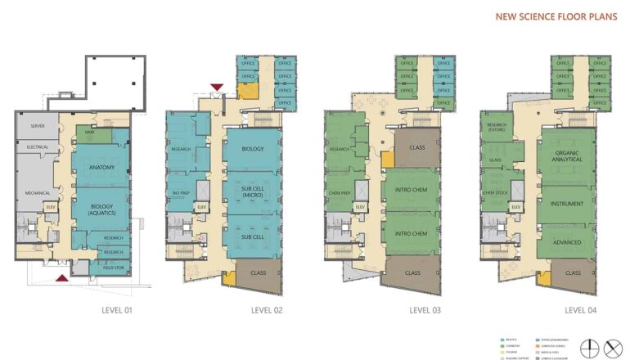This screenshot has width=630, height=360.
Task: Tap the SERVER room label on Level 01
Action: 38,127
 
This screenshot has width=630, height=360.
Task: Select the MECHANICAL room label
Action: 38,193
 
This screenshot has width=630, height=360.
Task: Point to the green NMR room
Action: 91,131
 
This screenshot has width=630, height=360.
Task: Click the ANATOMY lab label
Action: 101,168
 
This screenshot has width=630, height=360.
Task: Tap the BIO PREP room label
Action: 181,193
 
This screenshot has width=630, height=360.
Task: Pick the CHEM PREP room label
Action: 340,193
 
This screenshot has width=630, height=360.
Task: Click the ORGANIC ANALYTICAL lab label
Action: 566,157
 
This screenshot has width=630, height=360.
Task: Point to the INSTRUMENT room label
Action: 566,203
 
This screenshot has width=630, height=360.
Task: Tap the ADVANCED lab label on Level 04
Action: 566,242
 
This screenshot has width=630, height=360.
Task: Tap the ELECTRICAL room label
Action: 38,148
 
